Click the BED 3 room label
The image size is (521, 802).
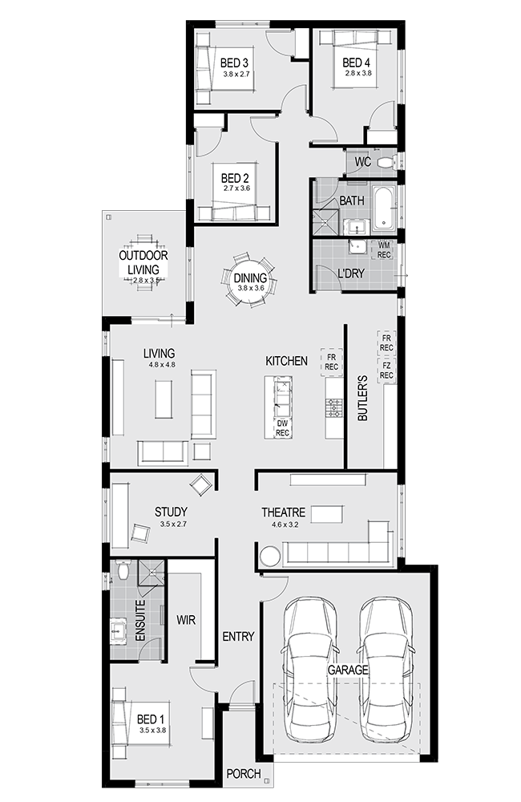(x=234, y=63)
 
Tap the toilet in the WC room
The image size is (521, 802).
(x=386, y=163)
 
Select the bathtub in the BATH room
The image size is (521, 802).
(x=383, y=208)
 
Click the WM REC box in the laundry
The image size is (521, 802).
(x=383, y=250)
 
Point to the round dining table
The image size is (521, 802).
(x=249, y=279)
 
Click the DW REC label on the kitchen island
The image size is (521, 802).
(x=282, y=428)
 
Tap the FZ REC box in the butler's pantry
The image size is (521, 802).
(x=386, y=371)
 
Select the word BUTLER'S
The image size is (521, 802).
(x=362, y=398)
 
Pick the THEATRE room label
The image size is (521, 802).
(x=283, y=512)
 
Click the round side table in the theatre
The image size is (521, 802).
(x=269, y=556)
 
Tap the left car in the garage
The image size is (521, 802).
(x=309, y=668)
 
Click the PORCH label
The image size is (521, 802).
(x=244, y=773)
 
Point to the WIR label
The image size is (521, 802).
(x=186, y=620)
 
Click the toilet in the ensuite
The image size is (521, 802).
(x=123, y=569)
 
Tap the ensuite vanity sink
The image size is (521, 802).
(x=118, y=629)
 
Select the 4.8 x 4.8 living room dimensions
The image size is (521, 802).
(x=162, y=365)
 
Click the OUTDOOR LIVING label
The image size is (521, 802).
(x=143, y=262)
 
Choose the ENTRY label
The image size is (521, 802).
(x=238, y=636)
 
